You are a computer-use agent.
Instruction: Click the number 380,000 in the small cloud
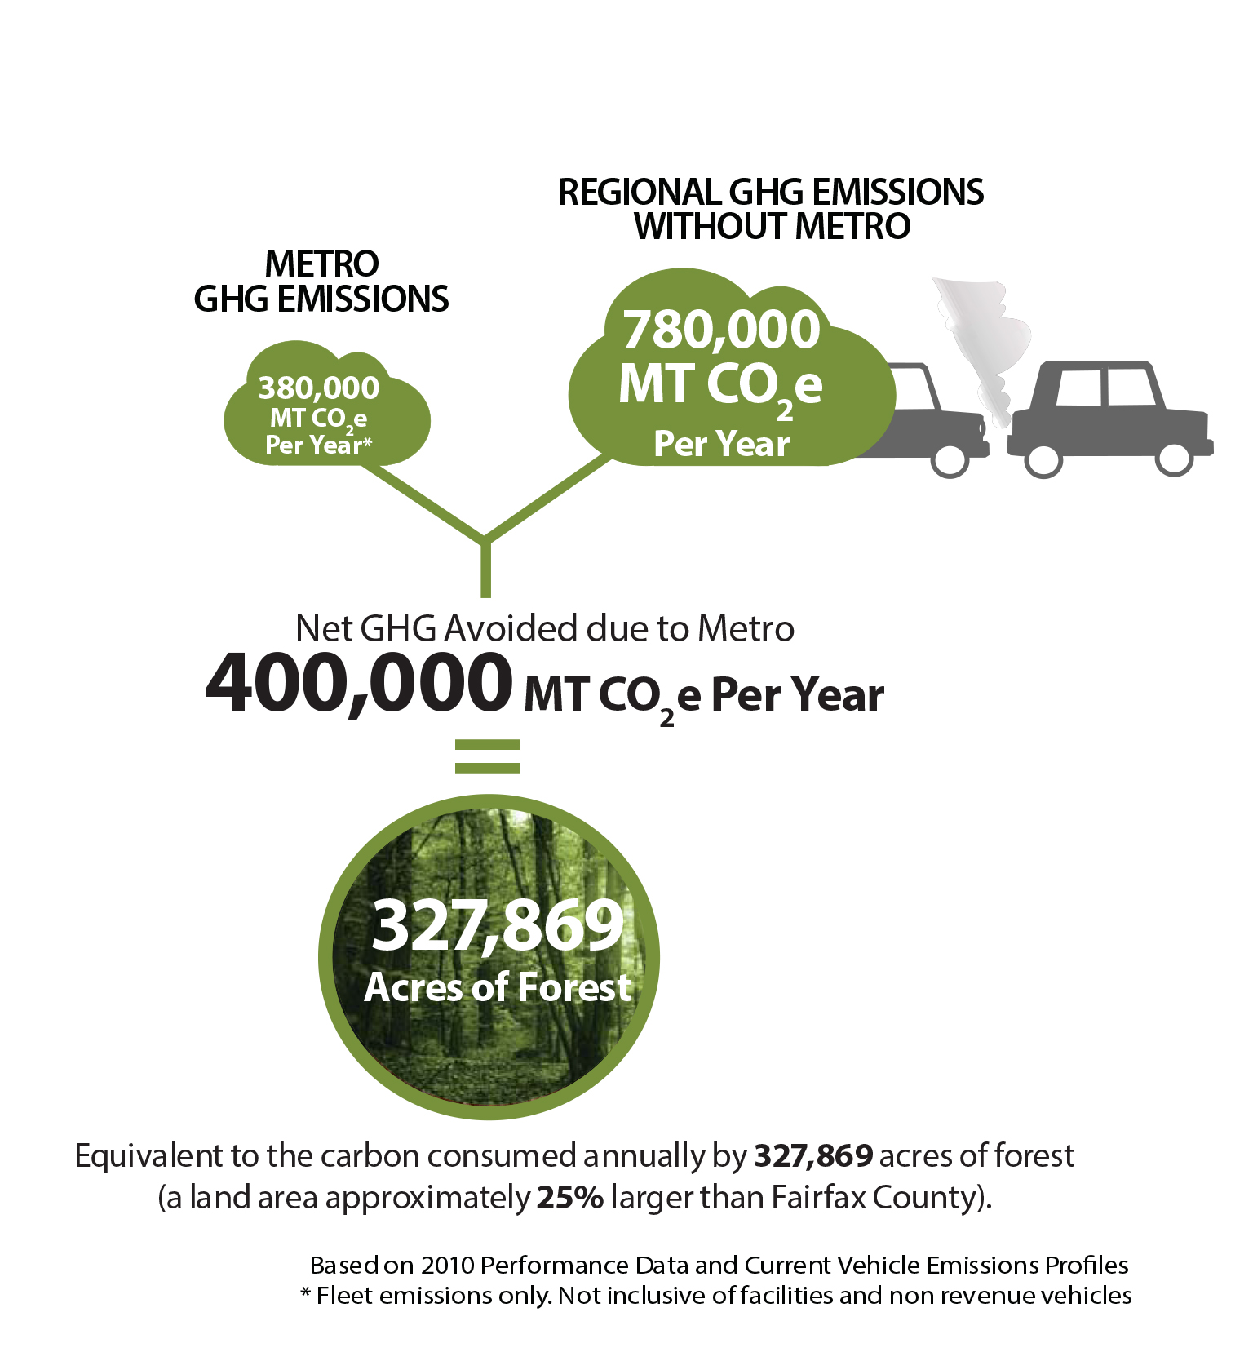[x=318, y=388]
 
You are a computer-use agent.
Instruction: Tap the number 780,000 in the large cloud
[x=721, y=330]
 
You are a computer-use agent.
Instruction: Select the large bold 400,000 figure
[x=359, y=684]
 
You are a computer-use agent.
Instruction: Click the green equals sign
[x=487, y=756]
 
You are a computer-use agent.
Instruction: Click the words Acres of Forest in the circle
[x=498, y=987]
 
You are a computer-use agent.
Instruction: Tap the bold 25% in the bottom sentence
[x=570, y=1198]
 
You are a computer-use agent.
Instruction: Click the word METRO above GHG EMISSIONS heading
[x=321, y=264]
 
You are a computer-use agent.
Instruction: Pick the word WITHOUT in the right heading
[x=711, y=227]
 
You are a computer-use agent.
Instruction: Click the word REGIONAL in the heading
[x=640, y=193]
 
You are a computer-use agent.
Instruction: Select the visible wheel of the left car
[x=950, y=459]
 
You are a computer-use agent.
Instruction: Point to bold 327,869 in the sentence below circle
[x=813, y=1156]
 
